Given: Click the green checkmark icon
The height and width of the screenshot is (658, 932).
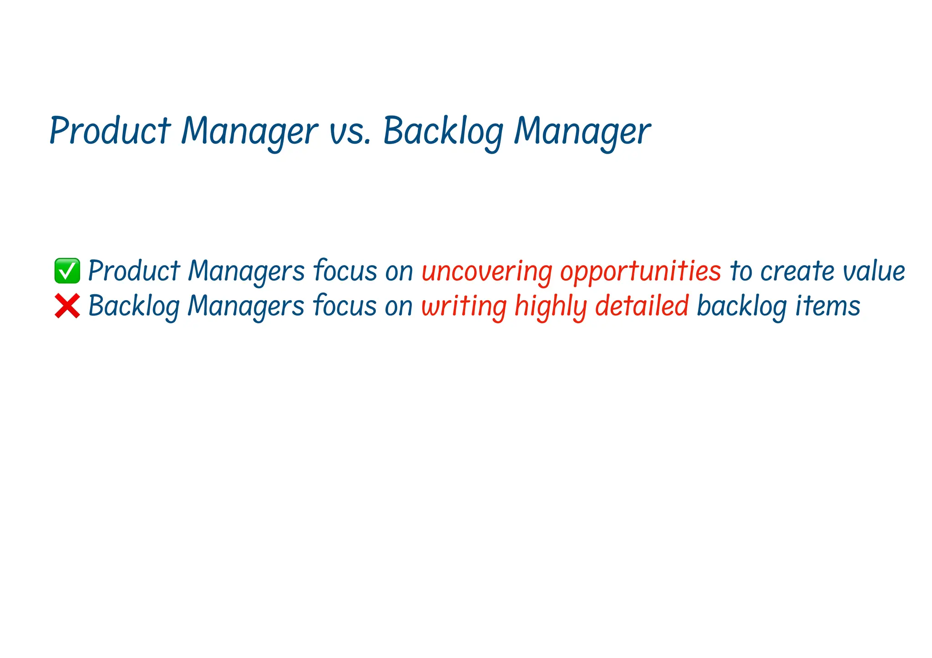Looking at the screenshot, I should click(67, 271).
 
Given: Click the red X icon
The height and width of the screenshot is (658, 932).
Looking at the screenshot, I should click(67, 306).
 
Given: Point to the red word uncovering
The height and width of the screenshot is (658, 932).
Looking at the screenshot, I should click(486, 271).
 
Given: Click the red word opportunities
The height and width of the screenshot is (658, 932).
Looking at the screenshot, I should click(640, 271).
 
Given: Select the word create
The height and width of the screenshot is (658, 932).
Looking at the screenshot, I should click(797, 271).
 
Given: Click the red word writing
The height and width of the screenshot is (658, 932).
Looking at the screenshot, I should click(464, 306).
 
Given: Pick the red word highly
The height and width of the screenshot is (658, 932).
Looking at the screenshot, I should click(550, 306).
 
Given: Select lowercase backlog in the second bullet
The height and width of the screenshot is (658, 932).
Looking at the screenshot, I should click(741, 306).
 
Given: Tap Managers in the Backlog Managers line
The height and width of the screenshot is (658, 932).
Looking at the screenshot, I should click(246, 306).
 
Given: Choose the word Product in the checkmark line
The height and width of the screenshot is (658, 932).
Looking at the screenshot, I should click(134, 271).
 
